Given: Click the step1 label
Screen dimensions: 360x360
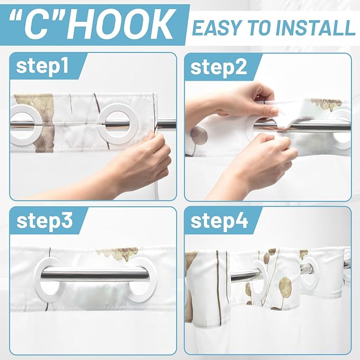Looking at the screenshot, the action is (42, 66).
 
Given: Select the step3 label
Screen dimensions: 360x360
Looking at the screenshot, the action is (45, 221).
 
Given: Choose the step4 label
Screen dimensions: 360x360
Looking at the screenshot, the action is (219, 221).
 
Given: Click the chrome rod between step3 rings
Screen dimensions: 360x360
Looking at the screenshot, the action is (94, 274).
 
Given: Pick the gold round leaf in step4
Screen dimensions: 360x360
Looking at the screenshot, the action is (285, 286).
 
